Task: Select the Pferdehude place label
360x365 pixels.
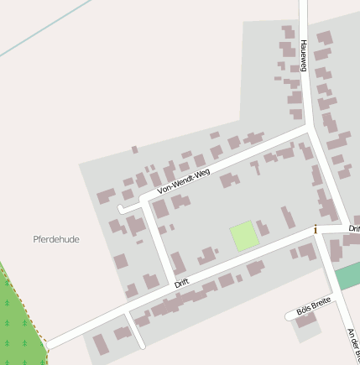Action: [56, 239]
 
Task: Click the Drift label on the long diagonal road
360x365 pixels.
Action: [182, 284]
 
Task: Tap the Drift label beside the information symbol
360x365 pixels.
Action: [354, 227]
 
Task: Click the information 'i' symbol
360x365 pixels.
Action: [316, 229]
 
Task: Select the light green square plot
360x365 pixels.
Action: [244, 236]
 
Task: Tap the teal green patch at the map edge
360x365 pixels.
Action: [348, 275]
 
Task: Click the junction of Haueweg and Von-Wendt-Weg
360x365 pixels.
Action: [308, 129]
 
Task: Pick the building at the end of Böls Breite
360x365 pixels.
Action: [305, 321]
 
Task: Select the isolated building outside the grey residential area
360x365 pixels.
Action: [134, 149]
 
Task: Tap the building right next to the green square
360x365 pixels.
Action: [263, 227]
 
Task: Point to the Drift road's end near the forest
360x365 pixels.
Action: [48, 344]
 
